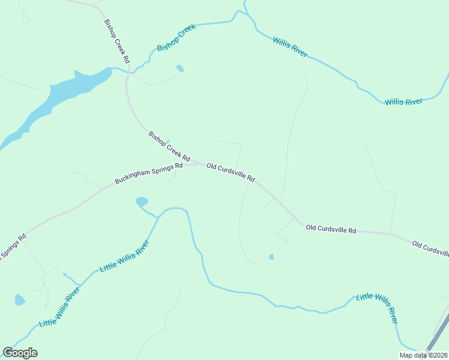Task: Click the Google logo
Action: (x=20, y=353)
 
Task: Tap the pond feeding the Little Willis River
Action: (x=142, y=202)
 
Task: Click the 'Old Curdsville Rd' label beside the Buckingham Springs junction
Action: (x=231, y=172)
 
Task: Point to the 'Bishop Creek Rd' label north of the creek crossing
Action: (x=117, y=41)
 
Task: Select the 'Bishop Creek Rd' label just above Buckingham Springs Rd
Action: (x=169, y=147)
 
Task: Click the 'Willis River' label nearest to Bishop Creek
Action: (x=290, y=47)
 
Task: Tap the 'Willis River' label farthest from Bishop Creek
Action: (x=403, y=102)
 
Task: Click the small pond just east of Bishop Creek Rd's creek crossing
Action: (x=179, y=68)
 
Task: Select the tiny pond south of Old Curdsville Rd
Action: (x=272, y=257)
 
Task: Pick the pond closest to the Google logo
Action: (x=19, y=299)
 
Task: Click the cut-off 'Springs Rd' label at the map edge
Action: (x=12, y=247)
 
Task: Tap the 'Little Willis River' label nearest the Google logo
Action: (x=59, y=307)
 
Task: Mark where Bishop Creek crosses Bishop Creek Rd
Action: (x=127, y=71)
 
